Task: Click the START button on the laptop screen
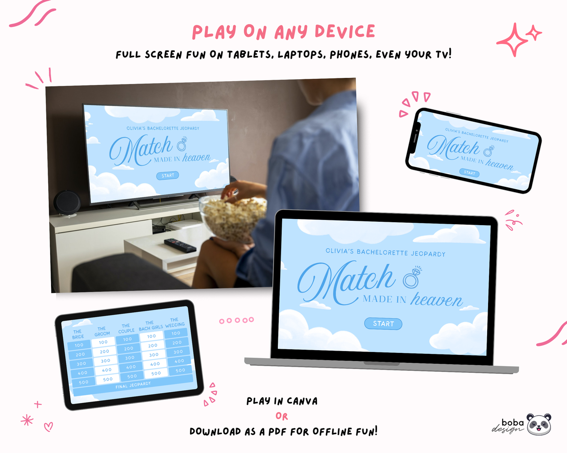[x=383, y=324]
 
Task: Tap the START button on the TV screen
[x=168, y=176]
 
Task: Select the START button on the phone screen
[x=469, y=173]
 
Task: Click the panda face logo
[x=539, y=424]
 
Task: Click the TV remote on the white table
[x=180, y=245]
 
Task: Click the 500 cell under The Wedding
[x=180, y=370]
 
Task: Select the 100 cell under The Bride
[x=79, y=345]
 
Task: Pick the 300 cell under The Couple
[x=129, y=358]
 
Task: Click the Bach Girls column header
[x=150, y=325]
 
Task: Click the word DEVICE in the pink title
[x=344, y=31]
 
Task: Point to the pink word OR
[x=282, y=416]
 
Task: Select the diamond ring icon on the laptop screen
[x=412, y=277]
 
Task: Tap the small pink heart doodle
[x=49, y=427]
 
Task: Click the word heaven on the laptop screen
[x=436, y=299]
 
